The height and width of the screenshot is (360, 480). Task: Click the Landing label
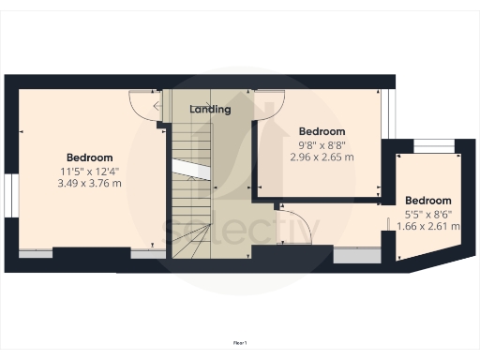[210, 110]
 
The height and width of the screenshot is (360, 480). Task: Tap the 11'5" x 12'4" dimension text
[89, 171]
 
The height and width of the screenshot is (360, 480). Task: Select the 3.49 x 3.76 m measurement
[89, 183]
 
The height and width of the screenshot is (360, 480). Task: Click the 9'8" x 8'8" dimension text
[322, 145]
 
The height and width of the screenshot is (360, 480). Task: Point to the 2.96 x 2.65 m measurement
[322, 157]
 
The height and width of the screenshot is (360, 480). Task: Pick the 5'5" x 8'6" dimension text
[428, 214]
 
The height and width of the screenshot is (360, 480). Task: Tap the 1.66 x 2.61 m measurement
[428, 226]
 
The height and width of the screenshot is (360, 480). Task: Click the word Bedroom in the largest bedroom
[89, 157]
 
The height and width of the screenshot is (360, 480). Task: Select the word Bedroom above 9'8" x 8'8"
[322, 132]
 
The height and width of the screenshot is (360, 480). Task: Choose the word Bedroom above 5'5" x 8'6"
[428, 201]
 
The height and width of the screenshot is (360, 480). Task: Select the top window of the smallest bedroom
[431, 144]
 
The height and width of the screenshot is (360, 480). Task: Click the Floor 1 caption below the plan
[240, 344]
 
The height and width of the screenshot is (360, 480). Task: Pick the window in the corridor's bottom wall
[357, 253]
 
